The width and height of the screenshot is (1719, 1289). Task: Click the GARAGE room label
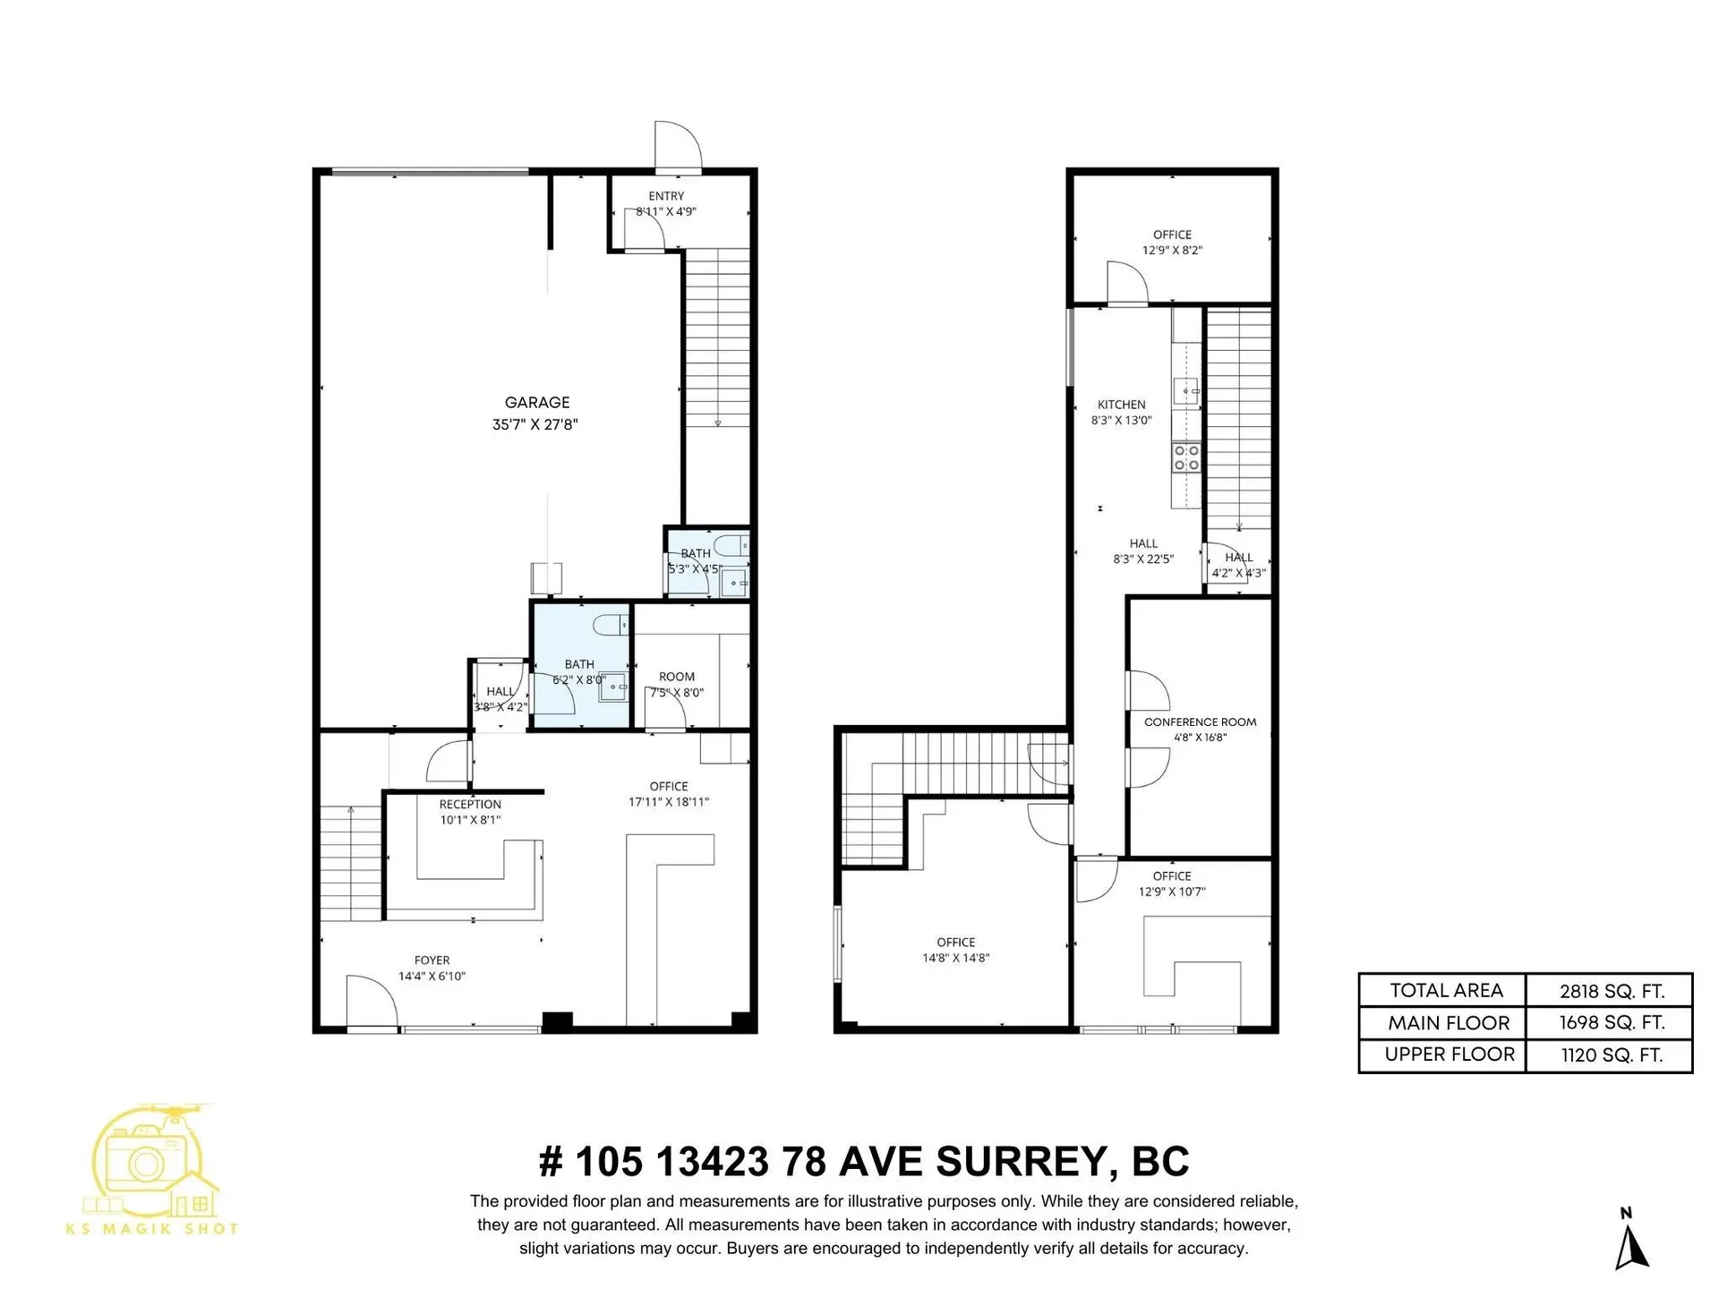pos(536,403)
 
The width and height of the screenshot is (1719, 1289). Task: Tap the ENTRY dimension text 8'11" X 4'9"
pos(666,212)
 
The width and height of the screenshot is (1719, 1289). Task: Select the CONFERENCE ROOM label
pos(1200,721)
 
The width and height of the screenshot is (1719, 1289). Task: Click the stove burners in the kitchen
pos(1186,457)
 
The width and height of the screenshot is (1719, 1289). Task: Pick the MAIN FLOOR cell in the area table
pos(1449,1023)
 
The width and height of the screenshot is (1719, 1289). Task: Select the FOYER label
pos(432,960)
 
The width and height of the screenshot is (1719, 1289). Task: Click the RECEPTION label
pos(470,805)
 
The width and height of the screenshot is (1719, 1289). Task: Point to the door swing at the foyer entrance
pos(370,1003)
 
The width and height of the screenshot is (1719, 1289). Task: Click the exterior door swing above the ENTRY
pos(677,145)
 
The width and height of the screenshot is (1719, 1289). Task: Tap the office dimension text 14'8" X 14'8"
pos(955,958)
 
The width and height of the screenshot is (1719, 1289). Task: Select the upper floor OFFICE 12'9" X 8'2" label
pos(1172,235)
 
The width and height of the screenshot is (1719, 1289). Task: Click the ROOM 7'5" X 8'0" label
pos(677,678)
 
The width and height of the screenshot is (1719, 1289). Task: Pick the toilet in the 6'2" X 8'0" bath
pos(611,625)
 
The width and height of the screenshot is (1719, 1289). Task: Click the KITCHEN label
pos(1121,405)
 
